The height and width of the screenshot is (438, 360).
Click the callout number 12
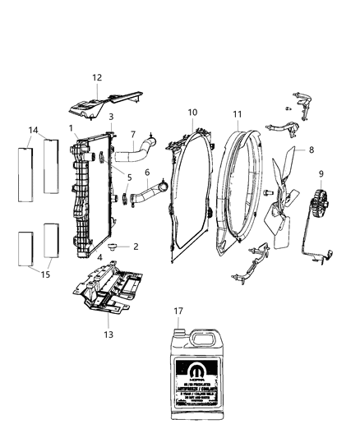point(97,77)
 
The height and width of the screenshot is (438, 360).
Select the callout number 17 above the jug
point(178,311)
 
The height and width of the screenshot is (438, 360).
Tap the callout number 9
point(321,173)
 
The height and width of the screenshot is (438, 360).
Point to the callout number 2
point(135,246)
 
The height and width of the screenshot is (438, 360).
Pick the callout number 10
point(192,112)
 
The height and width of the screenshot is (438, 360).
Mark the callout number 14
point(34,130)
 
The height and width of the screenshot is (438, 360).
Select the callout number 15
point(45,274)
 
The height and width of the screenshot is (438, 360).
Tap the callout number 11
point(238,114)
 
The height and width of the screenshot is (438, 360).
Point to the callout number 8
point(312,150)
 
